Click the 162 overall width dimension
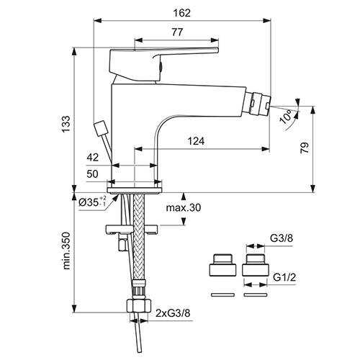click(182, 13)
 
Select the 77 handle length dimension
click(177, 32)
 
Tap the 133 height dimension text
click(66, 124)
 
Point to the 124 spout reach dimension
click(196, 141)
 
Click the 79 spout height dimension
click(305, 148)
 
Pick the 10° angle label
click(286, 117)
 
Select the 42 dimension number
click(93, 158)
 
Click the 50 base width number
click(92, 174)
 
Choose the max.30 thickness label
click(184, 207)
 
